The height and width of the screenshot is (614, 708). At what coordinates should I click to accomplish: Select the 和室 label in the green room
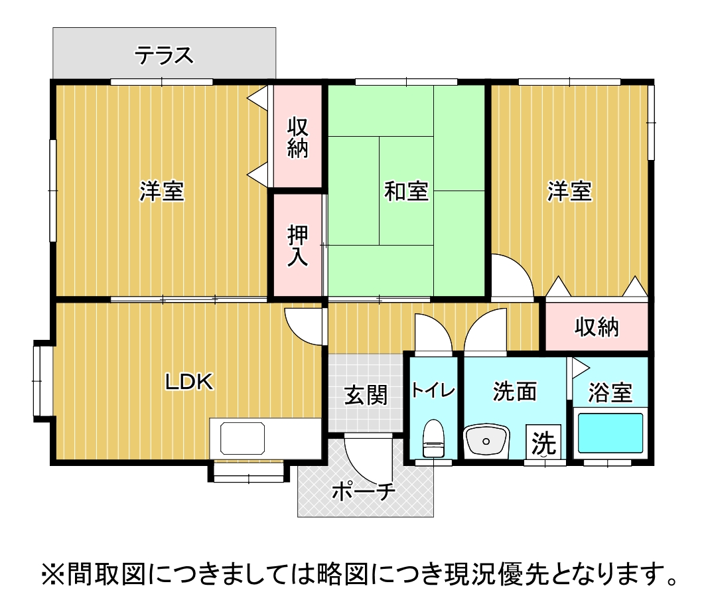(x=406, y=192)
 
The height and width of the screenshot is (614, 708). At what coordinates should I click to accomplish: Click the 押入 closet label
(x=298, y=246)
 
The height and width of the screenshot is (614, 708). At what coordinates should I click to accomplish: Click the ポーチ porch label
(x=363, y=492)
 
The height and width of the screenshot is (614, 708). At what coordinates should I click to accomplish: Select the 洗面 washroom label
(x=514, y=392)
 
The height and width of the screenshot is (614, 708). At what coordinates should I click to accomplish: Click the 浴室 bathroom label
(x=610, y=393)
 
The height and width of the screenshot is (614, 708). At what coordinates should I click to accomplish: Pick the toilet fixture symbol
(x=433, y=439)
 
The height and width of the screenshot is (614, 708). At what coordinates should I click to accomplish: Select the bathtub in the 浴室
(x=610, y=433)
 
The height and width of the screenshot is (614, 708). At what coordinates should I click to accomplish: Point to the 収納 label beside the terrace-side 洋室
(x=298, y=137)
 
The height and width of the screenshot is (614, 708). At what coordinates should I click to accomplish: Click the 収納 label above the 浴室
(x=597, y=327)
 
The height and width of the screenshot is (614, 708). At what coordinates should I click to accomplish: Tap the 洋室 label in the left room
(x=161, y=192)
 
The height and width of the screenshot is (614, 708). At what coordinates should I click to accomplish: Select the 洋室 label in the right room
(x=569, y=192)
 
